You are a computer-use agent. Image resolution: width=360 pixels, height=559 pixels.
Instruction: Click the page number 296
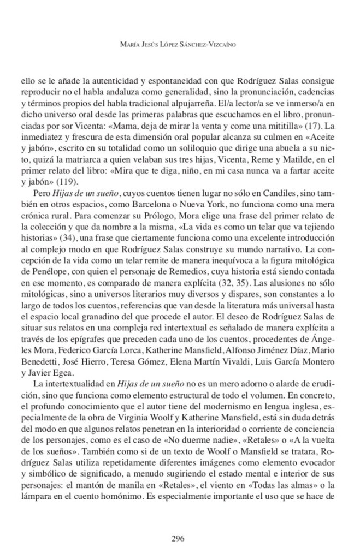pyautogui.click(x=180, y=538)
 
